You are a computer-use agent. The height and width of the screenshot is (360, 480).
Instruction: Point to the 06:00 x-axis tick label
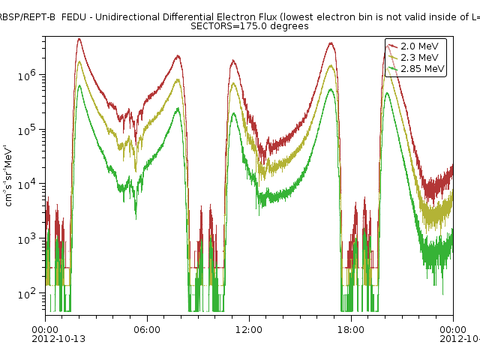coord(147,329)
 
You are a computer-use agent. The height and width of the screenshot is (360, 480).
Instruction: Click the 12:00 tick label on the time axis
coord(249,329)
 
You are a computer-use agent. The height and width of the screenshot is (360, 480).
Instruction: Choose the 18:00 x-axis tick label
coord(351,329)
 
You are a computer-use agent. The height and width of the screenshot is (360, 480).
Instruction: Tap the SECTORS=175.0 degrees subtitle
coord(249,26)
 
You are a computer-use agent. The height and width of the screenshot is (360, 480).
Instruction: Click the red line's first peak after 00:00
coord(79,39)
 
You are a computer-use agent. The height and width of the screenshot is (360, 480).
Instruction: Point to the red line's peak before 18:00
coord(331,43)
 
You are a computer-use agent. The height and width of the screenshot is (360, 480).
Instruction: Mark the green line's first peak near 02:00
coord(79,85)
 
